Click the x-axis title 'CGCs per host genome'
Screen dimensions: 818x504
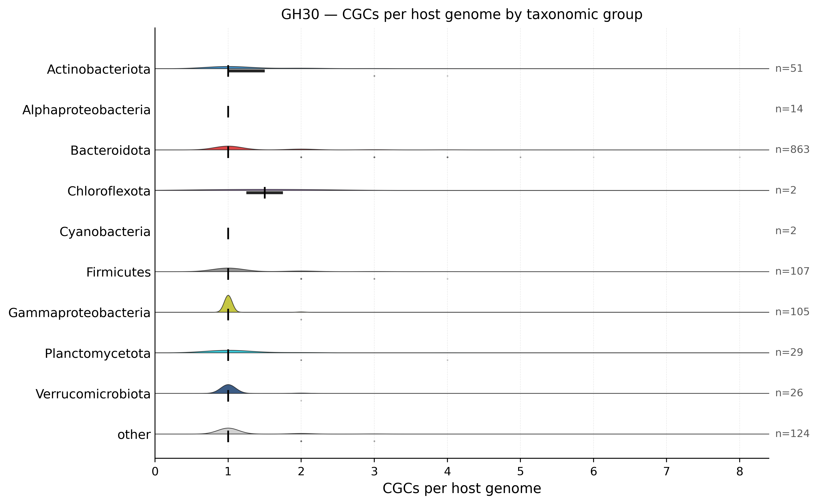point(462,489)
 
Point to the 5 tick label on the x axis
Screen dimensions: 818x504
point(520,472)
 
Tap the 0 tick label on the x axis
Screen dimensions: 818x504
point(155,472)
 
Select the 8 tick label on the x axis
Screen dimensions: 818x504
point(740,472)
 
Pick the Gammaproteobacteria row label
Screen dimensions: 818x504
point(79,313)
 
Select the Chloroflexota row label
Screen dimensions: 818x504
point(109,191)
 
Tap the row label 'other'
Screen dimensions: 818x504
point(134,435)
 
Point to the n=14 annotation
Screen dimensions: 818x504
point(789,109)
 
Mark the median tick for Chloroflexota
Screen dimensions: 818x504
point(265,193)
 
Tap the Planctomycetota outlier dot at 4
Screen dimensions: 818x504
point(447,360)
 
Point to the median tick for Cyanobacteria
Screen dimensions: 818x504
point(228,233)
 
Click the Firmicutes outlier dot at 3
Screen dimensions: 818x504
point(374,279)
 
